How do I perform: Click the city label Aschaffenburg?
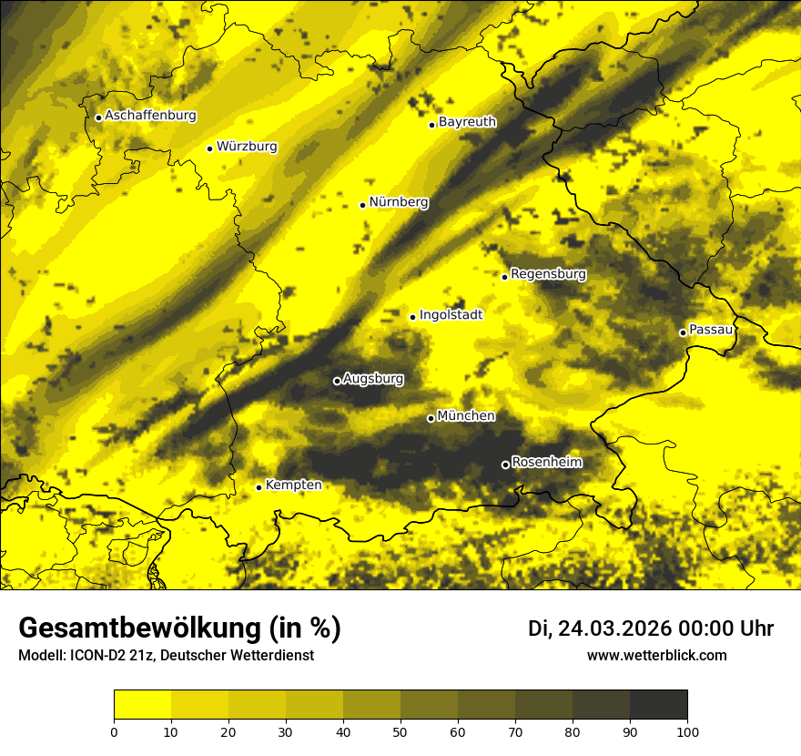150,116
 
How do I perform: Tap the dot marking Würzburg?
209,148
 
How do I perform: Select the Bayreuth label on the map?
467,122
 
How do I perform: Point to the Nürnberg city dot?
362,205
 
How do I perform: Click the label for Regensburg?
548,274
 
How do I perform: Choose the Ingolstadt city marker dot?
412,317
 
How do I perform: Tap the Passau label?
711,330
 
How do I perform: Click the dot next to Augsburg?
337,381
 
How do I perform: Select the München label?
466,416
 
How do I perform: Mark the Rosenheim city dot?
505,465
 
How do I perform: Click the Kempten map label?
293,485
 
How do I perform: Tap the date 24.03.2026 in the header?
611,628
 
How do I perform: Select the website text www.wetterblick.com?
656,655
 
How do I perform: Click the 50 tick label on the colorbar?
400,730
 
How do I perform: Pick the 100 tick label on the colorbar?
687,730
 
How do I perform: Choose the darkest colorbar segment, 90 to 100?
658,704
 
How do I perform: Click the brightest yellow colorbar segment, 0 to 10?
142,704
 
